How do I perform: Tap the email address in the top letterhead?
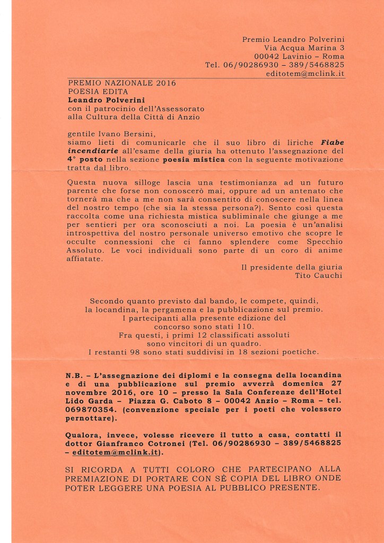click(306, 74)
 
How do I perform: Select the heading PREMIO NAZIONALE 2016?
click(122, 83)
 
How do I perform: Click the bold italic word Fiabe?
click(332, 143)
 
